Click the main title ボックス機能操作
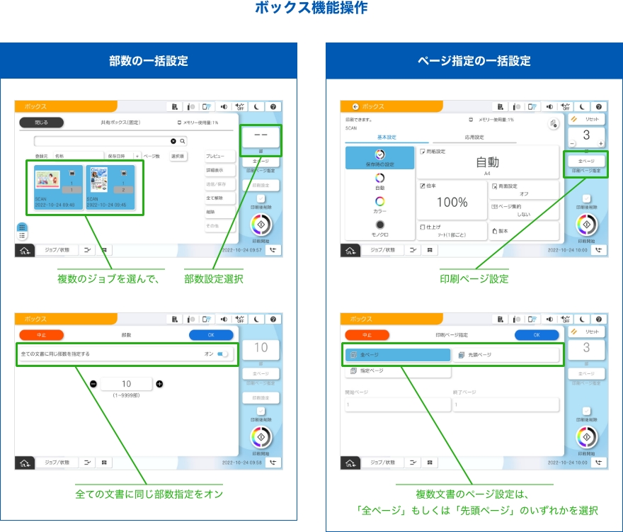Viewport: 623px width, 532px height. pyautogui.click(x=311, y=9)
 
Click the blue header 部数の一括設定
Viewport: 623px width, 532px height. pyautogui.click(x=149, y=60)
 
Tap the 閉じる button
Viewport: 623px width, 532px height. pyautogui.click(x=40, y=123)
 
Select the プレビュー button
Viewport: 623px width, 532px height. pyautogui.click(x=215, y=155)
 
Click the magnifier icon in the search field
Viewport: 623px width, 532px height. pyautogui.click(x=182, y=142)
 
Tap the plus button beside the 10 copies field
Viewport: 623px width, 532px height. pyautogui.click(x=159, y=384)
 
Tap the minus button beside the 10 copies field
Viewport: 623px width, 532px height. pyautogui.click(x=93, y=384)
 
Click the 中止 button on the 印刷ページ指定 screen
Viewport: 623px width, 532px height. pyautogui.click(x=367, y=335)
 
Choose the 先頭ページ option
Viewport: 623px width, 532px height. pyautogui.click(x=505, y=354)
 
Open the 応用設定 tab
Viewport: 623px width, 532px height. pyautogui.click(x=474, y=137)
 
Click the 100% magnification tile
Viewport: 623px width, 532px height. pyautogui.click(x=451, y=201)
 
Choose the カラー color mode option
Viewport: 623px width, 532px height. pyautogui.click(x=379, y=205)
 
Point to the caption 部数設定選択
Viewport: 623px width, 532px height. pyautogui.click(x=213, y=279)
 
